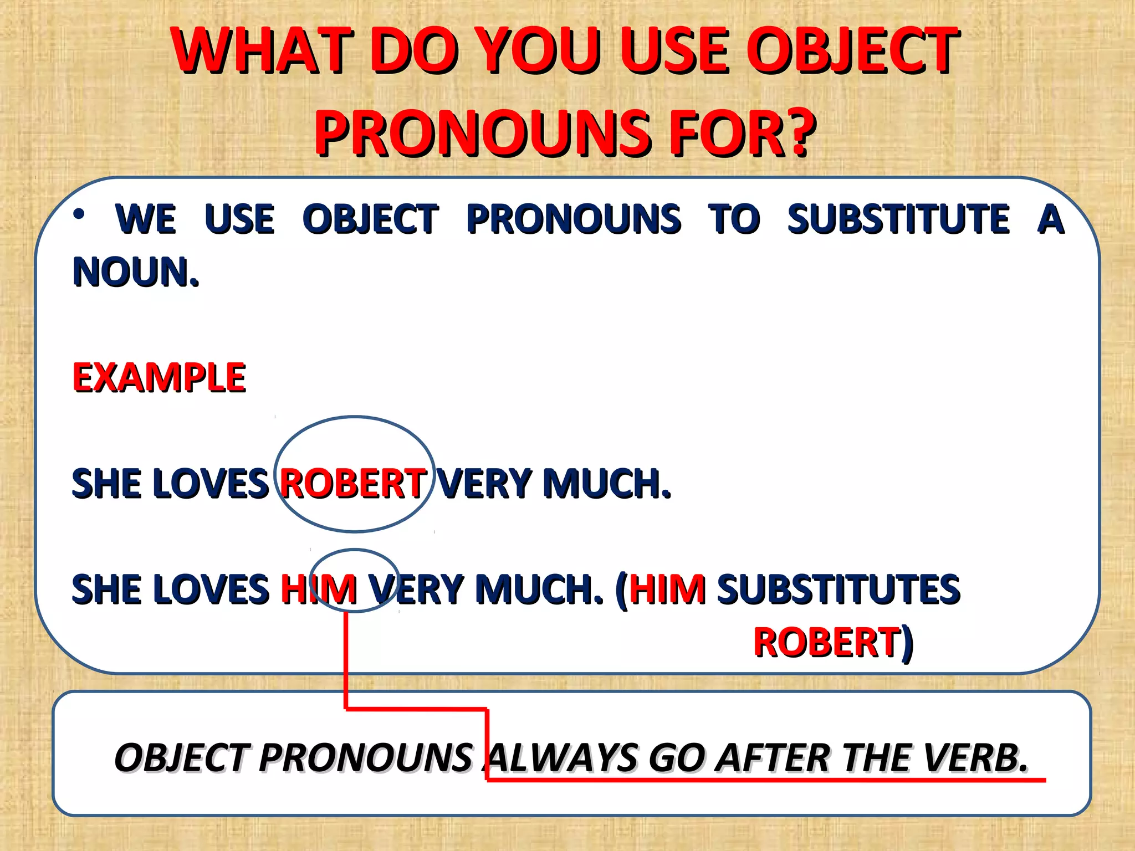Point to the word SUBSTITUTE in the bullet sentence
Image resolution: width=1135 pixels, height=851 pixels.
click(898, 219)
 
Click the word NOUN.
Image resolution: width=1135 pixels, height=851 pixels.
click(135, 273)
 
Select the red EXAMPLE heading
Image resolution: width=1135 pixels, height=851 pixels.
click(159, 378)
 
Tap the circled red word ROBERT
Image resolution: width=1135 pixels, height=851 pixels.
click(354, 483)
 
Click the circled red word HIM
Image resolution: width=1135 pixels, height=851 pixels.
click(319, 588)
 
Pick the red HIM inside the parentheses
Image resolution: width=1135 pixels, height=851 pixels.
click(667, 588)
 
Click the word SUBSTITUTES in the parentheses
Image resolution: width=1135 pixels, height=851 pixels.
click(839, 588)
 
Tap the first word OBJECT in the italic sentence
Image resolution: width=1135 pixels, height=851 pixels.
click(180, 758)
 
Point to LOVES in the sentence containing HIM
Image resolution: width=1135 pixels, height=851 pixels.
click(211, 588)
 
